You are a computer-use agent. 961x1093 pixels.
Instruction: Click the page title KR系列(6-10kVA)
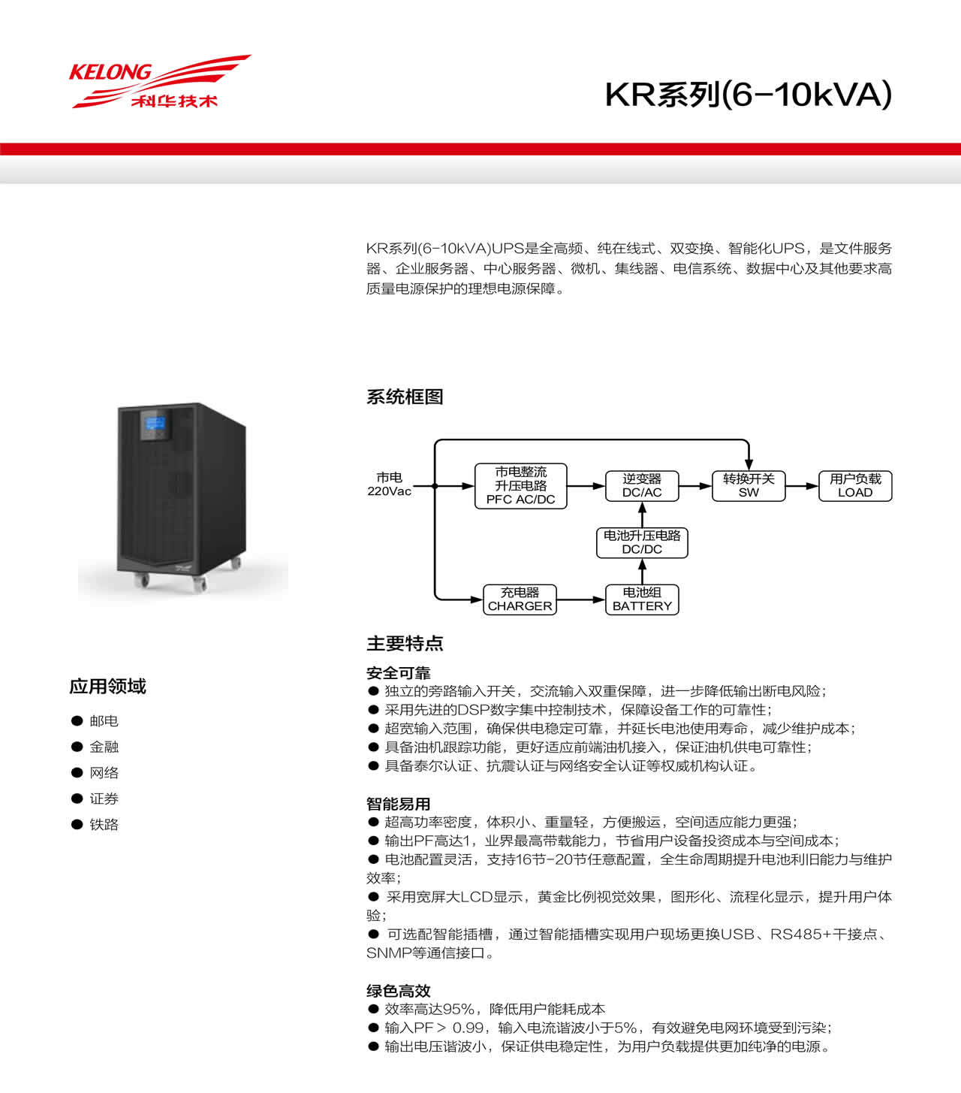(748, 95)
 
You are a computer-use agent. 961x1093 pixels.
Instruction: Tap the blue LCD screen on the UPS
(154, 427)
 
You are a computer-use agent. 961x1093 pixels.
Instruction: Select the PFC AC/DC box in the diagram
(520, 486)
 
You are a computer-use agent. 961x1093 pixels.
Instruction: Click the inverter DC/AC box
(642, 486)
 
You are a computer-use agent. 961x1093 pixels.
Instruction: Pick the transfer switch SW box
(749, 486)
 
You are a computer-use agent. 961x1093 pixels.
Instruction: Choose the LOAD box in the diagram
(855, 486)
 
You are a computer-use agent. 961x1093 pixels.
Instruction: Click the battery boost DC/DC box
(642, 542)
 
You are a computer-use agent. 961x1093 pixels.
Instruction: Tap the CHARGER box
(520, 599)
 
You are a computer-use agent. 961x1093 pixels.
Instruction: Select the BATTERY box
(642, 599)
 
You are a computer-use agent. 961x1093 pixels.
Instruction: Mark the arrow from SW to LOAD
(802, 486)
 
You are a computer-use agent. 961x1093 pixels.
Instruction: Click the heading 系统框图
(405, 397)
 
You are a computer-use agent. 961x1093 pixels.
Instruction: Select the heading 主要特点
(405, 644)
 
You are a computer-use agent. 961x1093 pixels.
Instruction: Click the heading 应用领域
(107, 687)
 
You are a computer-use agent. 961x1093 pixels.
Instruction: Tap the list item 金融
(104, 747)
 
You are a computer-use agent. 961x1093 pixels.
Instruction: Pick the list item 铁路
(104, 825)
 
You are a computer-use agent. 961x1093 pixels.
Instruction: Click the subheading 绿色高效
(399, 991)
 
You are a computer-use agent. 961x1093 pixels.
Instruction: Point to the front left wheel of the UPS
(141, 580)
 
